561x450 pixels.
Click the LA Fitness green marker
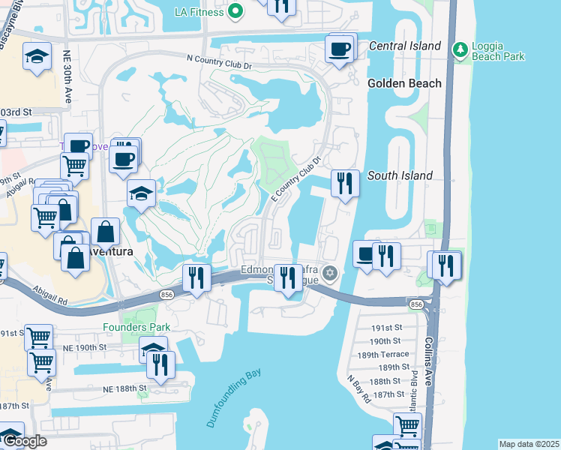click(235, 11)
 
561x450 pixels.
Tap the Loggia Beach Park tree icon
click(460, 50)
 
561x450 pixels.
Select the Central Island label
click(405, 46)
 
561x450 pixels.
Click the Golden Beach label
click(404, 83)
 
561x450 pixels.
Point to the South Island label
click(400, 175)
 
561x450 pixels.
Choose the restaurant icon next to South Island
click(344, 183)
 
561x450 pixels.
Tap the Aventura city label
click(109, 252)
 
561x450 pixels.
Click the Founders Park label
click(137, 327)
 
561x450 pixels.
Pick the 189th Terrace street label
click(383, 354)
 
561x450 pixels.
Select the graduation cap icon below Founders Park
click(153, 349)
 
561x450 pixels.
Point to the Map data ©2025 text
click(528, 444)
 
